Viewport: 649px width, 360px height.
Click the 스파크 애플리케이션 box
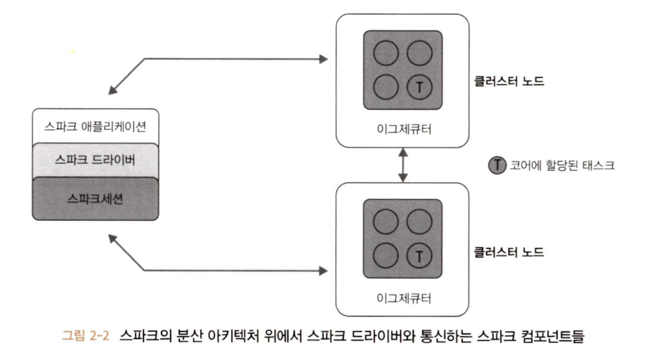coord(95,125)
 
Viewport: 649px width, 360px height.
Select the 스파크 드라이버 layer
coord(95,159)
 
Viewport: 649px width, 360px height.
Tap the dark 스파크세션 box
coord(95,197)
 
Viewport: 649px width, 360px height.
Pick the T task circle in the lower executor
coord(421,255)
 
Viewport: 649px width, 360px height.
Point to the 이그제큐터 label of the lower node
coord(402,298)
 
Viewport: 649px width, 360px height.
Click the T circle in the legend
coord(497,165)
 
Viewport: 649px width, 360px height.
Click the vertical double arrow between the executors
coord(402,165)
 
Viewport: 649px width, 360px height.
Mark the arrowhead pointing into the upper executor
coord(323,59)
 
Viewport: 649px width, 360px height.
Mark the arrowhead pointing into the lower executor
coord(323,270)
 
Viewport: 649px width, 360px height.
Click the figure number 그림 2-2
coord(90,337)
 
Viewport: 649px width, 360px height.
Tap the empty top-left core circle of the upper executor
coord(385,51)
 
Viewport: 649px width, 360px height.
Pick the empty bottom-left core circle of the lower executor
coord(385,255)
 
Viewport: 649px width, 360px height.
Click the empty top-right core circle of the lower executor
coord(421,220)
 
